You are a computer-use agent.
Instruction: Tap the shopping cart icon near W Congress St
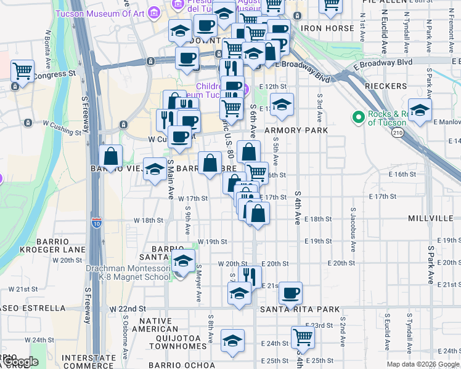22,71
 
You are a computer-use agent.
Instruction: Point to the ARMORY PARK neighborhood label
292,131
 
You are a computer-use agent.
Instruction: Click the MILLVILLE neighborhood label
431,219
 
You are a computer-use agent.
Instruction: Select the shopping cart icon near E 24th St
303,336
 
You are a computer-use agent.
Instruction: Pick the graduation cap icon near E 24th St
232,340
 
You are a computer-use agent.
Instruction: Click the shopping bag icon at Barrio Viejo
111,156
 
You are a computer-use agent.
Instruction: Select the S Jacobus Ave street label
354,230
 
